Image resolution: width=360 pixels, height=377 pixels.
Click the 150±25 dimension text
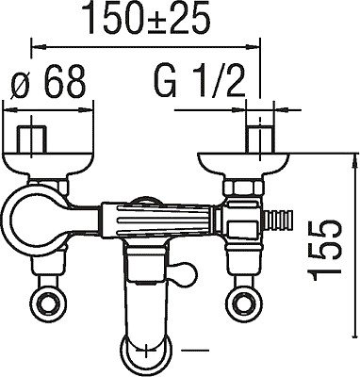tap(148, 18)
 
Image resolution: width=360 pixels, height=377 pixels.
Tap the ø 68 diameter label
tap(48, 81)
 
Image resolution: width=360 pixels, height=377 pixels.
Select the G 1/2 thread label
tap(200, 81)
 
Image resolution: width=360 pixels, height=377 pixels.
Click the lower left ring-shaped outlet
tap(48, 302)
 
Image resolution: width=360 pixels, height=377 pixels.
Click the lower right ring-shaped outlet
tap(242, 302)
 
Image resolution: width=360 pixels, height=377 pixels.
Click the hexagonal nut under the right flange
tap(244, 188)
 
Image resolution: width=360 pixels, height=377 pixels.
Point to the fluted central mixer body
tap(156, 220)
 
